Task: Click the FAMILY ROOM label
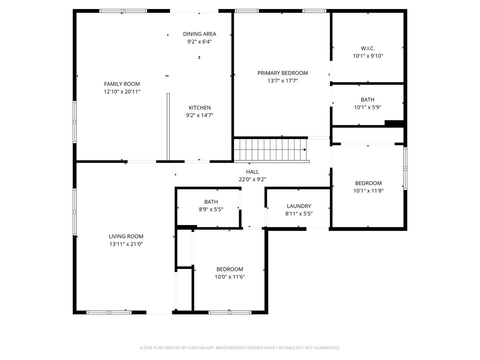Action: click(122, 84)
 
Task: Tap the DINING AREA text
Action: click(199, 34)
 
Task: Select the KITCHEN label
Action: click(200, 108)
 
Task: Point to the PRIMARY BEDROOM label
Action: click(283, 73)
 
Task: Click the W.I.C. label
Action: click(368, 48)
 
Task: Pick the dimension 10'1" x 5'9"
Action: click(368, 107)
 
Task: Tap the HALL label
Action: click(252, 172)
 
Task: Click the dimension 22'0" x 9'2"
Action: click(252, 179)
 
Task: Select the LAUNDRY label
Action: click(299, 206)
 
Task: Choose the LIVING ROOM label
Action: click(126, 236)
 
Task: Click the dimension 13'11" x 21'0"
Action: click(126, 244)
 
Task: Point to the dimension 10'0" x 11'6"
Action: click(230, 277)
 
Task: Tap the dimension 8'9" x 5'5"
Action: click(211, 209)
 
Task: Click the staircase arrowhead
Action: click(305, 150)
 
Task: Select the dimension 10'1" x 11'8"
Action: click(368, 191)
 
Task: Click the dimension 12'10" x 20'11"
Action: click(122, 92)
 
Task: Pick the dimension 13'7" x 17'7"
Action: click(283, 81)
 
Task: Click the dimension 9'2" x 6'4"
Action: click(199, 42)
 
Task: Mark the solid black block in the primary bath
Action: click(394, 123)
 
